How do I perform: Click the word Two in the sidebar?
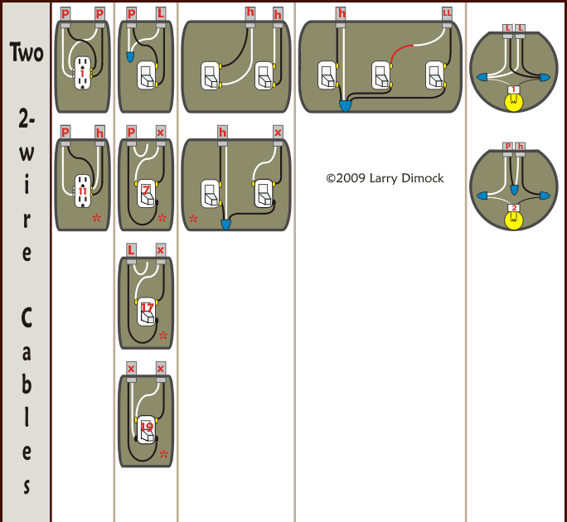tap(26, 52)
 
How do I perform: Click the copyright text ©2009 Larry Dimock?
tap(385, 178)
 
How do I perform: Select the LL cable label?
tap(448, 13)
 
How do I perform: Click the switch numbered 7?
tap(146, 191)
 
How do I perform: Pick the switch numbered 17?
tap(147, 309)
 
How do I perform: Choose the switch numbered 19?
tap(147, 428)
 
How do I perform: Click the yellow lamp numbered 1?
tap(514, 99)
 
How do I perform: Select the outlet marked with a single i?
tap(83, 74)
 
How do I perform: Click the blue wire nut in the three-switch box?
tap(345, 106)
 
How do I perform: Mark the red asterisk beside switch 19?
tap(163, 454)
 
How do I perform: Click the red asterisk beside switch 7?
tap(162, 219)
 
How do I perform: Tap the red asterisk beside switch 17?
tap(163, 336)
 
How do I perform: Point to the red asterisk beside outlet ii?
tap(97, 219)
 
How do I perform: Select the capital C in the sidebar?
tap(26, 317)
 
